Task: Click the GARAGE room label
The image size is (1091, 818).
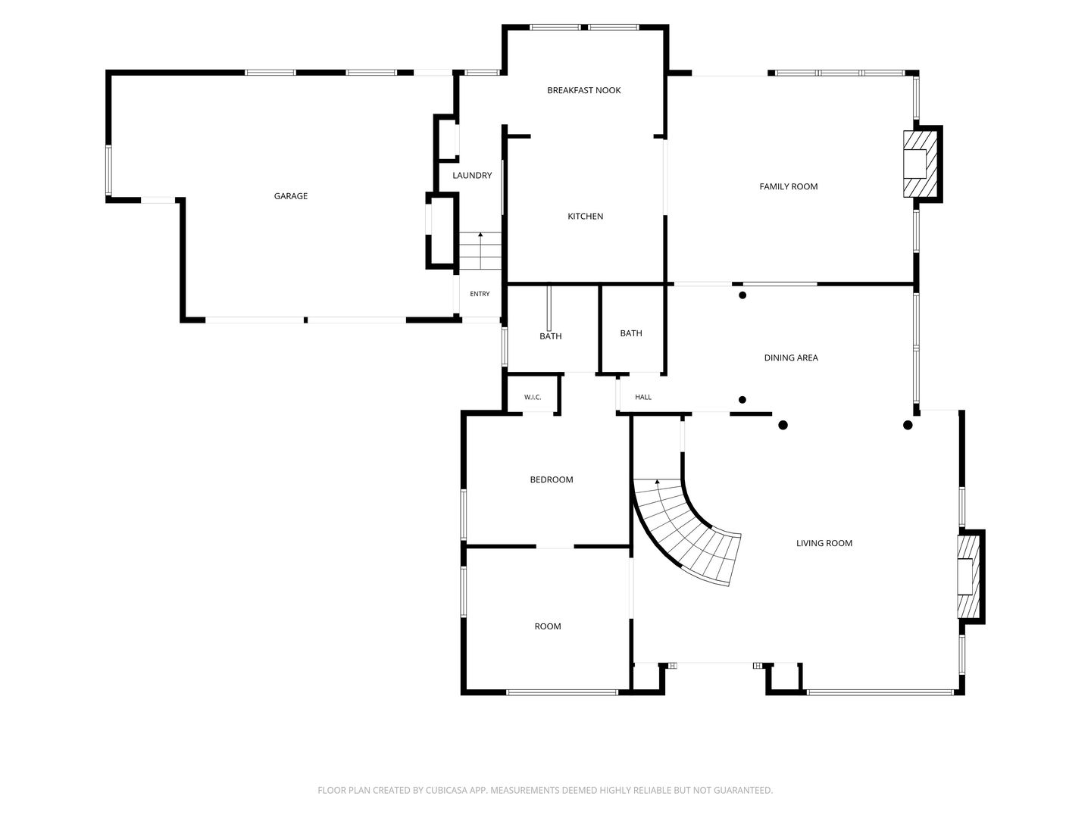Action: (291, 196)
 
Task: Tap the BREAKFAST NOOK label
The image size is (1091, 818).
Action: (583, 90)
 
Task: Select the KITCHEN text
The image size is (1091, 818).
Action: (586, 216)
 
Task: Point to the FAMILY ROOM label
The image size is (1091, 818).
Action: (788, 187)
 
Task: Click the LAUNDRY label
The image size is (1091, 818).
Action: (472, 175)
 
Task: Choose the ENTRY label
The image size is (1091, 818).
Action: (480, 294)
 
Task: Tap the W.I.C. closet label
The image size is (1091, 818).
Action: (533, 398)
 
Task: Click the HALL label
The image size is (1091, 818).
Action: (643, 398)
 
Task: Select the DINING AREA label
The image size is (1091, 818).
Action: (791, 357)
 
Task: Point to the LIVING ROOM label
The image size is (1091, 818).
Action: (824, 543)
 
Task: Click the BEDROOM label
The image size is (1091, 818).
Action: (552, 479)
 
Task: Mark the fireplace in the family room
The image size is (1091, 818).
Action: (921, 164)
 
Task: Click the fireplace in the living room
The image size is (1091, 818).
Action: (971, 576)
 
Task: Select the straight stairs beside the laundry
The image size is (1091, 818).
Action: (480, 251)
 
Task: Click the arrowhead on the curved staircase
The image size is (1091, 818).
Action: (657, 481)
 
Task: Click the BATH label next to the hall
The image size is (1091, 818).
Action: (631, 333)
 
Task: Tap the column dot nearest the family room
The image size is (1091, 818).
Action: (742, 295)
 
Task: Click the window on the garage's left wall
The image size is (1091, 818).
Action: (108, 170)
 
